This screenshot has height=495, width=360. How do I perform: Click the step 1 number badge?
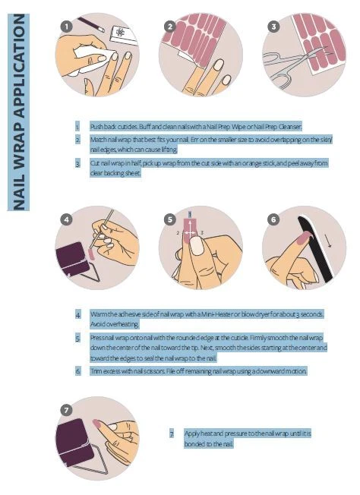click(68, 26)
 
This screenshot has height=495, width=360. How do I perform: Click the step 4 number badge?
click(68, 219)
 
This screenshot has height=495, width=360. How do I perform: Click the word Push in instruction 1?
click(97, 126)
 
